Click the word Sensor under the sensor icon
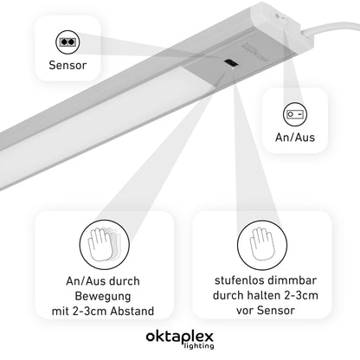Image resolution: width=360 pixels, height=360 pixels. [x=67, y=65]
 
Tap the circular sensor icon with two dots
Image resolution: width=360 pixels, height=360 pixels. [x=67, y=42]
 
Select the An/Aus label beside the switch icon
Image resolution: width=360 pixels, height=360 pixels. [x=295, y=138]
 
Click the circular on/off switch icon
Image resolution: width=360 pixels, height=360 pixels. [x=295, y=114]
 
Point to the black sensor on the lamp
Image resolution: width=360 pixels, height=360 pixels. [x=231, y=64]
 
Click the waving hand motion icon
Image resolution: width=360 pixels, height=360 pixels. [x=105, y=245]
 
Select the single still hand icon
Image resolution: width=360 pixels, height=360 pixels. [x=262, y=245]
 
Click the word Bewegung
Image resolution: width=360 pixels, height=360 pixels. [x=103, y=296]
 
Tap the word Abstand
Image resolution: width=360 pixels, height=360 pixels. [x=132, y=312]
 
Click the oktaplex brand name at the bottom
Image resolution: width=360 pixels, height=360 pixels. [x=180, y=337]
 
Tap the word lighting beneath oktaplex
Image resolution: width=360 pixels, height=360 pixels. [x=199, y=346]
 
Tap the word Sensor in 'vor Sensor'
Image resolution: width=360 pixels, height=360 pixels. [x=276, y=311]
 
